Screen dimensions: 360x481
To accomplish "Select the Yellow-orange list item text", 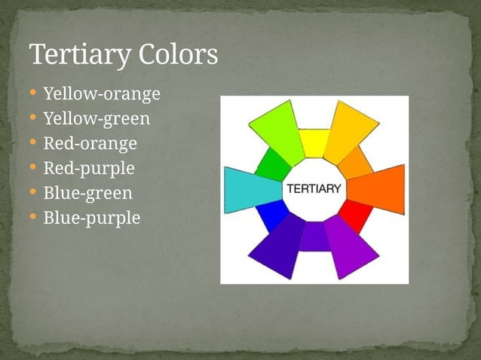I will click(x=102, y=94).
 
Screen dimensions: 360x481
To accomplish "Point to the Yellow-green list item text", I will click(x=97, y=119).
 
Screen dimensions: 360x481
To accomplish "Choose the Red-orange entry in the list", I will click(x=90, y=143).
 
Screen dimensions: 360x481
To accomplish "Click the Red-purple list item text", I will click(x=89, y=168).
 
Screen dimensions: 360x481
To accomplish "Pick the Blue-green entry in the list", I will click(x=87, y=193).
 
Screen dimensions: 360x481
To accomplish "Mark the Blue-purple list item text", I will click(x=92, y=218).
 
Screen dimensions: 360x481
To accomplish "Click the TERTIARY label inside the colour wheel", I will click(x=314, y=189).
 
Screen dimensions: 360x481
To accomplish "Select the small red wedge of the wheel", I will click(x=355, y=215).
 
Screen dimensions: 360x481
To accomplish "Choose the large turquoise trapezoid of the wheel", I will click(x=251, y=189).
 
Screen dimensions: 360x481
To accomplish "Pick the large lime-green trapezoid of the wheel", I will click(x=276, y=127).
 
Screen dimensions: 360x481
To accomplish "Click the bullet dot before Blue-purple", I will click(x=33, y=218).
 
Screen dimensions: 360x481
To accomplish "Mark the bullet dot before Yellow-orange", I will click(x=33, y=94).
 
